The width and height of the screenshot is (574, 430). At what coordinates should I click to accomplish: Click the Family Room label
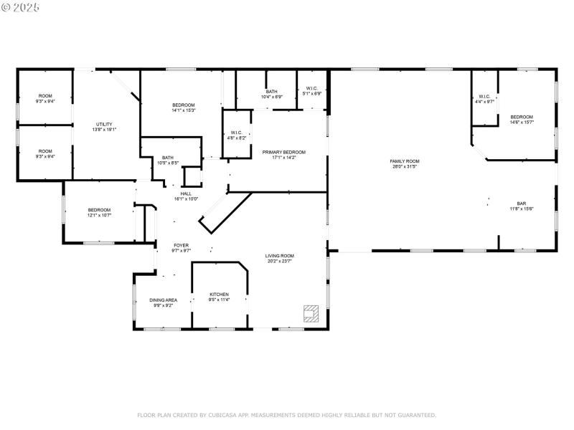point(405,161)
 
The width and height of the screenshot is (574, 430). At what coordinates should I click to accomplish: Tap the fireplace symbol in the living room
point(311,312)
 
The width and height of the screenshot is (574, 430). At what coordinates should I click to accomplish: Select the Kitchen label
point(219,295)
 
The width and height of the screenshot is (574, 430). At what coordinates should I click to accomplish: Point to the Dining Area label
point(163,300)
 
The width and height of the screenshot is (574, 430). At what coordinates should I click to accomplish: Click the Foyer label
point(181,245)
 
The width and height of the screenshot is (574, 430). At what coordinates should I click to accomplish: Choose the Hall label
point(186,193)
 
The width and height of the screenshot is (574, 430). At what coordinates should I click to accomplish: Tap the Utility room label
point(104,124)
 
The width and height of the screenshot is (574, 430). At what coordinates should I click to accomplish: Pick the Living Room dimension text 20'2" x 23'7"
point(280,261)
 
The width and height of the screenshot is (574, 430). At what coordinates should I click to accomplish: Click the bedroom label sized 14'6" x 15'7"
point(522,117)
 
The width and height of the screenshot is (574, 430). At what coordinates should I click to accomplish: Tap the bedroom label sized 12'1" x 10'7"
point(99,210)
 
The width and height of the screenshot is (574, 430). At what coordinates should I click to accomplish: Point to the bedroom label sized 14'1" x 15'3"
point(184,105)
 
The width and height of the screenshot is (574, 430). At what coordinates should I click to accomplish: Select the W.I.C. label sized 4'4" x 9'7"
point(485,97)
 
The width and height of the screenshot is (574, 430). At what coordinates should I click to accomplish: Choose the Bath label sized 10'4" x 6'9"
point(272,92)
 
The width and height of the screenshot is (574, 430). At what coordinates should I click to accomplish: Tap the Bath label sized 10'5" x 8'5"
point(167,158)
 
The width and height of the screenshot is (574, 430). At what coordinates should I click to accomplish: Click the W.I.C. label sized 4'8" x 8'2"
point(236,133)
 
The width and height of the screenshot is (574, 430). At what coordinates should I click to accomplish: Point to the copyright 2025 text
point(20,6)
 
